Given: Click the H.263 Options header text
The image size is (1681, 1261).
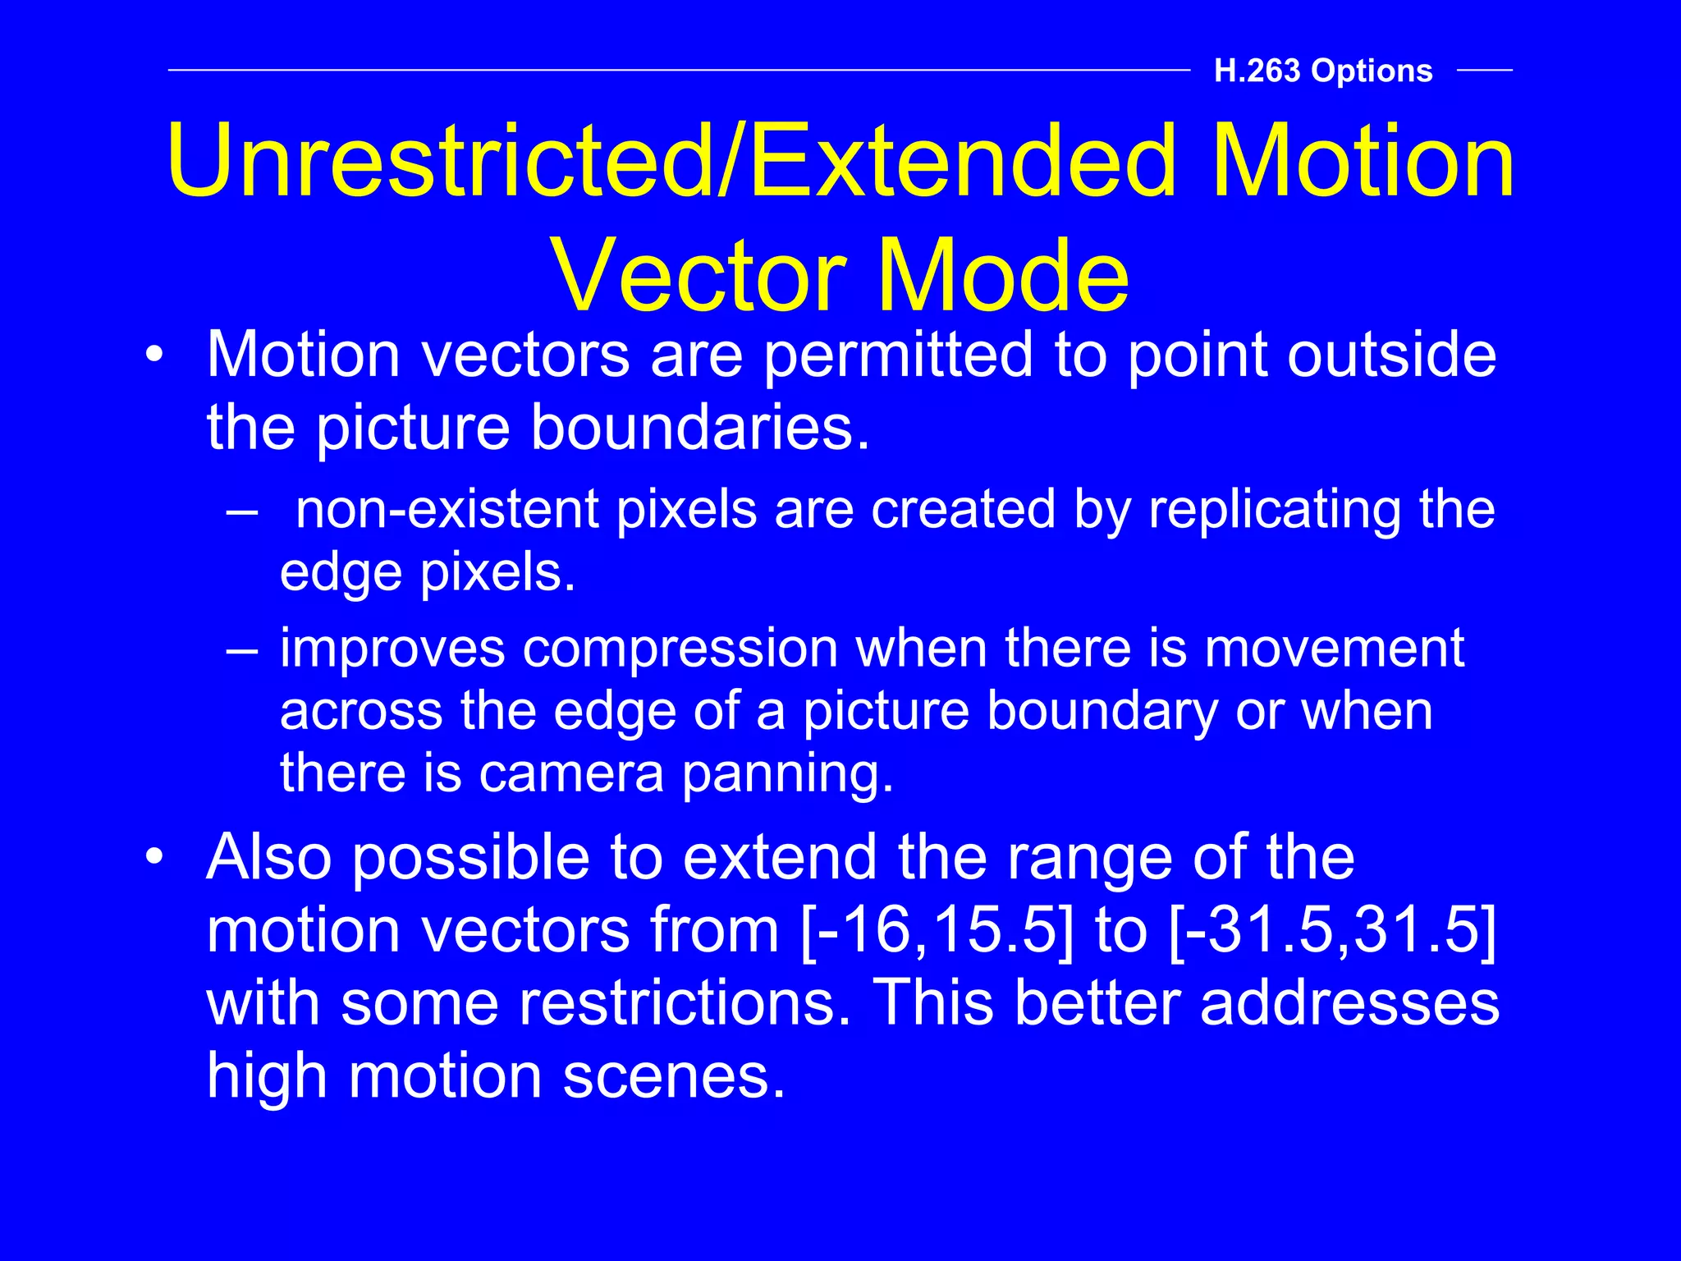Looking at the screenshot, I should (x=1323, y=71).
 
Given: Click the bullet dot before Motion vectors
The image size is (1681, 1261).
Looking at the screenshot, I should (x=154, y=355).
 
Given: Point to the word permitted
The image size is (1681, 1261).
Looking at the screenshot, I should (x=897, y=355).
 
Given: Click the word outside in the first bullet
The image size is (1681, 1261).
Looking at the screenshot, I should (x=1391, y=355).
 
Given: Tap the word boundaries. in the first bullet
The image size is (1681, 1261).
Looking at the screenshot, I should (x=700, y=428).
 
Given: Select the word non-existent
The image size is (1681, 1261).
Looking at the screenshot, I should (x=447, y=510).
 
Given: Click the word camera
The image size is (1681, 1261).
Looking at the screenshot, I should (x=570, y=774).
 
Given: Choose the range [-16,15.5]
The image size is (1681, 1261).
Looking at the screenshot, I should (x=937, y=931).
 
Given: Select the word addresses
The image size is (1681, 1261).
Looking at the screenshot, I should (x=1349, y=1003).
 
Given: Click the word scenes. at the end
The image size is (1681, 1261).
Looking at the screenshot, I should (x=674, y=1075).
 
